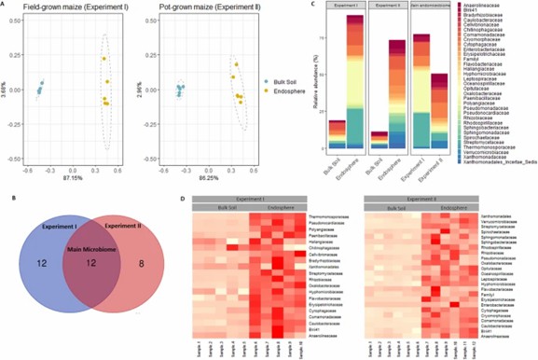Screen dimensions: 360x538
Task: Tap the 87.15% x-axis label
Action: pyautogui.click(x=71, y=177)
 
